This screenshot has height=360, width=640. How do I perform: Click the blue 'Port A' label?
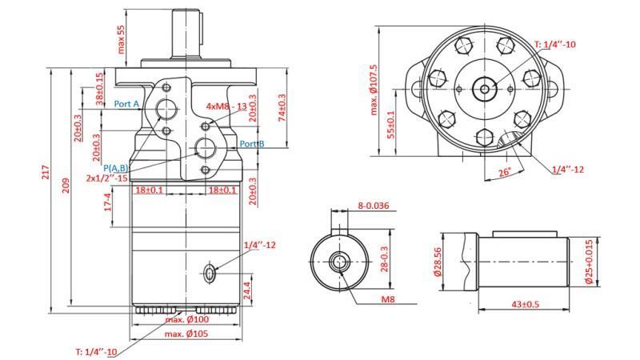click(126, 104)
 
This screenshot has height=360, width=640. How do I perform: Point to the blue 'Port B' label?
click(251, 144)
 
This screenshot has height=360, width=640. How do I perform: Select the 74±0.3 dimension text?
click(281, 108)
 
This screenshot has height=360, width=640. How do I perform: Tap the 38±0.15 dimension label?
click(100, 89)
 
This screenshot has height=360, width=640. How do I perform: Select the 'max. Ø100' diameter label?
click(187, 320)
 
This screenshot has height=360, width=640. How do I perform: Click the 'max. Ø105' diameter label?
click(187, 334)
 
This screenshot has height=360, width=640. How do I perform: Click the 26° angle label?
click(505, 172)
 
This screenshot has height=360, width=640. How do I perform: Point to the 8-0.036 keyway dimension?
click(374, 206)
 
